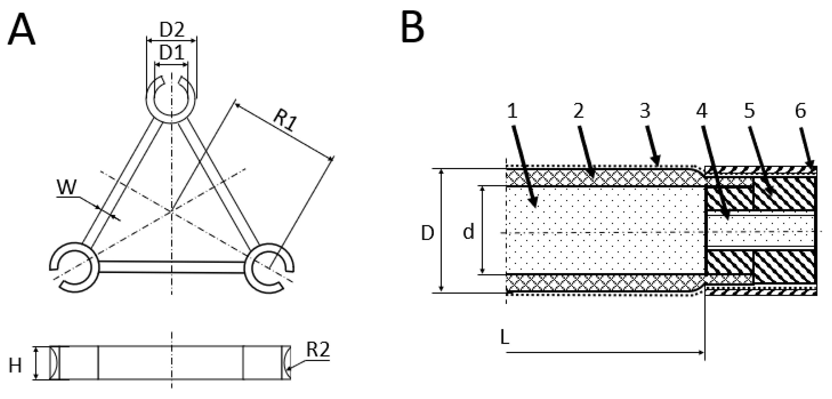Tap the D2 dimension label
(x=172, y=30)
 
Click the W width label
(x=67, y=187)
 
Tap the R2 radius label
(x=318, y=350)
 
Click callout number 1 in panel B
(x=512, y=111)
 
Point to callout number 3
(x=645, y=111)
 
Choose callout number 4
(x=702, y=111)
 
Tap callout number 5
(x=750, y=111)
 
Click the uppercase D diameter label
(x=428, y=233)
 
